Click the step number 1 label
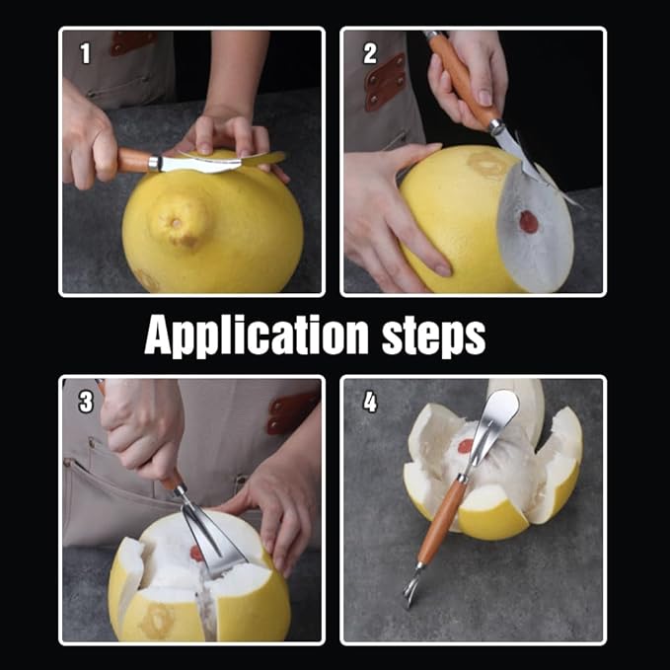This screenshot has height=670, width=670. pyautogui.click(x=84, y=54)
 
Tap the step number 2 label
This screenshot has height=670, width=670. pyautogui.click(x=369, y=53)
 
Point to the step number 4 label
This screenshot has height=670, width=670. pyautogui.click(x=369, y=402)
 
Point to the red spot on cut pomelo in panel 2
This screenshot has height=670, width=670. pyautogui.click(x=530, y=222)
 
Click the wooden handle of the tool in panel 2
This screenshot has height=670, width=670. pyautogui.click(x=460, y=79)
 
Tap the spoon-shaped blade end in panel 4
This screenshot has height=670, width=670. pyautogui.click(x=500, y=410)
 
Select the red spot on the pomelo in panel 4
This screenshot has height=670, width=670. pyautogui.click(x=465, y=446)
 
